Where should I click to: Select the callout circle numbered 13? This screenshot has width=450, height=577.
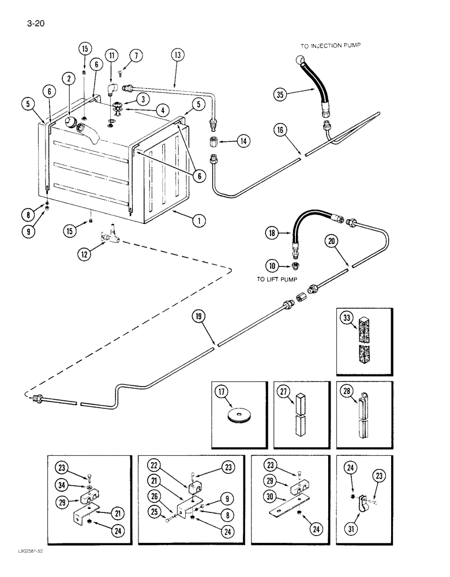click(177, 55)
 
